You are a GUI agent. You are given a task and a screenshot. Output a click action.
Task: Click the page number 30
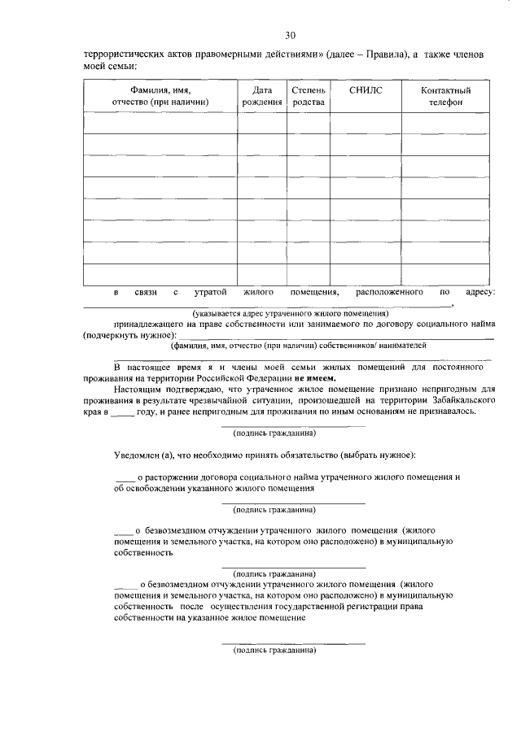pos(290,34)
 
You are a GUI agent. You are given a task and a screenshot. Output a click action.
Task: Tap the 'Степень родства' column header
pos(307,96)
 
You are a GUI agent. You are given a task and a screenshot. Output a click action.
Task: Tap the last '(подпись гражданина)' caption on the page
pos(274,651)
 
